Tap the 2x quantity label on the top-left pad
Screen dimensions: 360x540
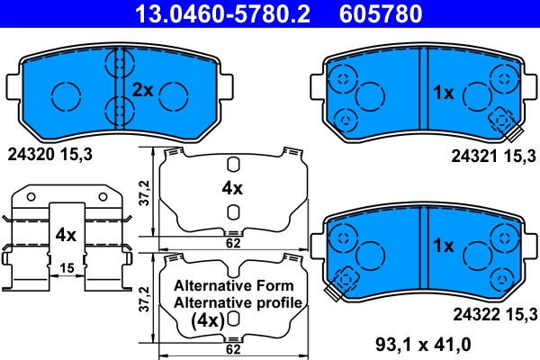click(x=143, y=89)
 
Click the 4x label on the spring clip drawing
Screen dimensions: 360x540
click(x=64, y=235)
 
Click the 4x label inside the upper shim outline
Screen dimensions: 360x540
click(x=232, y=188)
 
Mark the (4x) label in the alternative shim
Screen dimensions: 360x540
click(x=206, y=319)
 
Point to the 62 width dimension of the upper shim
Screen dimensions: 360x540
click(x=232, y=242)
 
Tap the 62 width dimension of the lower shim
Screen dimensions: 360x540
click(x=232, y=348)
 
